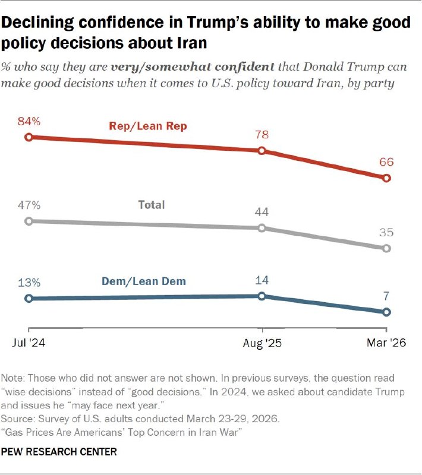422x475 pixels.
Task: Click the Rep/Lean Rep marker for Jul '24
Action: point(28,137)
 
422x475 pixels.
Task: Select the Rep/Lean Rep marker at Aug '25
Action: point(262,151)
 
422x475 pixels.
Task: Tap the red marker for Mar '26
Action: point(387,178)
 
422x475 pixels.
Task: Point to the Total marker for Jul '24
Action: point(28,221)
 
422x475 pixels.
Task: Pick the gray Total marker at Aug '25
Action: point(262,228)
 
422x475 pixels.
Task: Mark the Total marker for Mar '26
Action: point(387,248)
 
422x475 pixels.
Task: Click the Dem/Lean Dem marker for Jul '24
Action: point(28,299)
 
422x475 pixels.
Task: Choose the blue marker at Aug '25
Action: point(262,296)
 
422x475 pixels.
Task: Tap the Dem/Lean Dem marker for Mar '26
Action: point(387,312)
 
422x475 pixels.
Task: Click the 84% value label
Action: point(29,121)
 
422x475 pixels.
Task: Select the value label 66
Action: point(387,162)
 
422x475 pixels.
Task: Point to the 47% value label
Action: point(29,205)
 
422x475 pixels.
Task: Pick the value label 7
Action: point(387,296)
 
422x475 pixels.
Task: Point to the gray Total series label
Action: point(151,205)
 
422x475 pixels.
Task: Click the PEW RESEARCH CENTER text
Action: point(59,452)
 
